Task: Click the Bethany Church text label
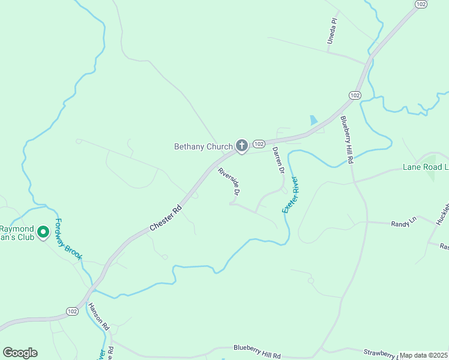[x=203, y=146]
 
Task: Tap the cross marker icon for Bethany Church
[x=241, y=145]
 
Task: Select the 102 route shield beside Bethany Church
[x=259, y=144]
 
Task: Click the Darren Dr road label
[x=277, y=160]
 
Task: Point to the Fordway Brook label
[x=68, y=238]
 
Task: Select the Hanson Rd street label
[x=98, y=317]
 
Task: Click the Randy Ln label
[x=403, y=223]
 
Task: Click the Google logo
[x=20, y=353]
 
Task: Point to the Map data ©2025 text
[x=423, y=355]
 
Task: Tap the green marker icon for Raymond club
[x=43, y=231]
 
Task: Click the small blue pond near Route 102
[x=313, y=119]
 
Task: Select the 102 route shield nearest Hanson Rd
[x=72, y=311]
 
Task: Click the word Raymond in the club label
[x=17, y=229]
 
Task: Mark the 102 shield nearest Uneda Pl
[x=421, y=4]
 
